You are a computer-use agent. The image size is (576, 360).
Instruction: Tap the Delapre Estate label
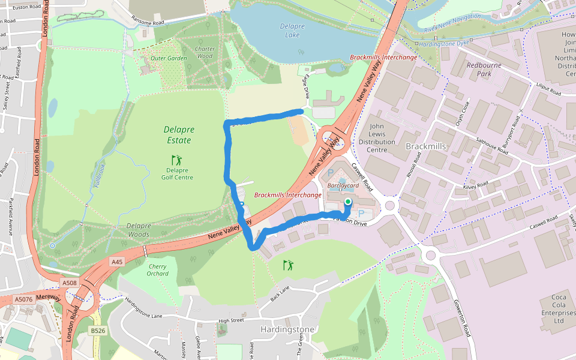coord(178,135)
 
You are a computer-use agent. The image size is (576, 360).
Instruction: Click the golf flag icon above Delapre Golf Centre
coord(176,160)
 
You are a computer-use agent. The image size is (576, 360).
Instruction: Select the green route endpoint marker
coord(347,202)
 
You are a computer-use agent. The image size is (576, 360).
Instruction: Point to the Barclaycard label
coord(343,186)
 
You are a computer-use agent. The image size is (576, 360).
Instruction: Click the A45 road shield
coord(116,262)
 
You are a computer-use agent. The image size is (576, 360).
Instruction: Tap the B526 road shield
coord(98,331)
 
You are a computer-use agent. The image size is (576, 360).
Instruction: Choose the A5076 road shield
coord(24,299)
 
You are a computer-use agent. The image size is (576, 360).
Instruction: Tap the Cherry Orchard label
coord(157,270)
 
